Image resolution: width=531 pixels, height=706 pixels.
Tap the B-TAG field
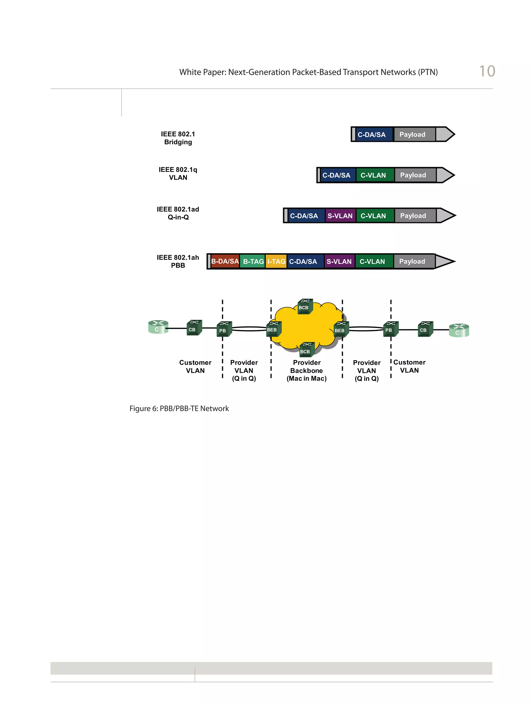253,261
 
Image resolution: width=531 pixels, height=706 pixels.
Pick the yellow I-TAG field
276,261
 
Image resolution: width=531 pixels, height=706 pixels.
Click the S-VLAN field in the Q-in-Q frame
340,216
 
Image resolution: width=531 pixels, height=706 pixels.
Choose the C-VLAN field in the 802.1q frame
373,175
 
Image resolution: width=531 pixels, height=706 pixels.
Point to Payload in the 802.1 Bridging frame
412,134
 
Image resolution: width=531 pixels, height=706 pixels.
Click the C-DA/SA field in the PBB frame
303,261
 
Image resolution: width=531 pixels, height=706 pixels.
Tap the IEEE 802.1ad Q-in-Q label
178,213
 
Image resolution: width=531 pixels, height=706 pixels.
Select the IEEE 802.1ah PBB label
178,261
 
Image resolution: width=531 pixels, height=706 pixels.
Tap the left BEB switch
273,329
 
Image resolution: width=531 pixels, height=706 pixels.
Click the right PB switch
390,329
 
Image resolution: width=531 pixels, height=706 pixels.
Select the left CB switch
194,328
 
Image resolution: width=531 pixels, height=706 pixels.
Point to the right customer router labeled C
458,330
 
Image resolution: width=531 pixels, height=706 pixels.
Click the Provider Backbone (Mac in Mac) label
306,370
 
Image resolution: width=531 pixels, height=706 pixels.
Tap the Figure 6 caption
179,409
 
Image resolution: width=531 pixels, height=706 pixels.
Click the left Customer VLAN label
195,366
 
